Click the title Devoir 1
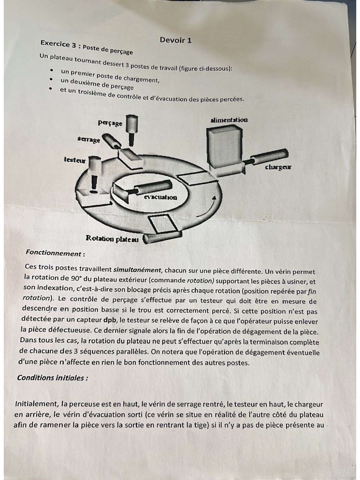pos(175,40)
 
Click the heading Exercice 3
pos(58,44)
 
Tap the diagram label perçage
pos(110,123)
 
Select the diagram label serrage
pos(89,140)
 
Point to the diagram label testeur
pos(75,160)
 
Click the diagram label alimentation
pos(229,120)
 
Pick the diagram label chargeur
pos(278,167)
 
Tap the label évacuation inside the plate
pos(160,197)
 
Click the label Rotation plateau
pos(112,239)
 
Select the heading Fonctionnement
pos(55,253)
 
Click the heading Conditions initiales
pos(52,378)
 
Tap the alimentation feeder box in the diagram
pos(223,148)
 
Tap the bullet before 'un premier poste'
pos(51,71)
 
